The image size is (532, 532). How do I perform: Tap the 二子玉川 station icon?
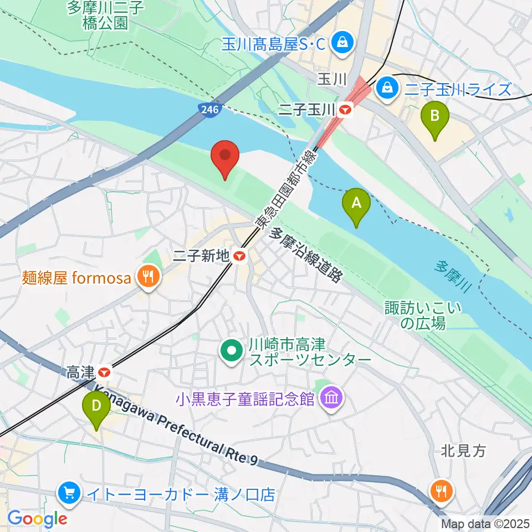point(346,110)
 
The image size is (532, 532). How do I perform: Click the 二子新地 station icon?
point(239,256)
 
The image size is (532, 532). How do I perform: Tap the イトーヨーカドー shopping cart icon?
point(69,492)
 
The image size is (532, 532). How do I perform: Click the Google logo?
point(37,519)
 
